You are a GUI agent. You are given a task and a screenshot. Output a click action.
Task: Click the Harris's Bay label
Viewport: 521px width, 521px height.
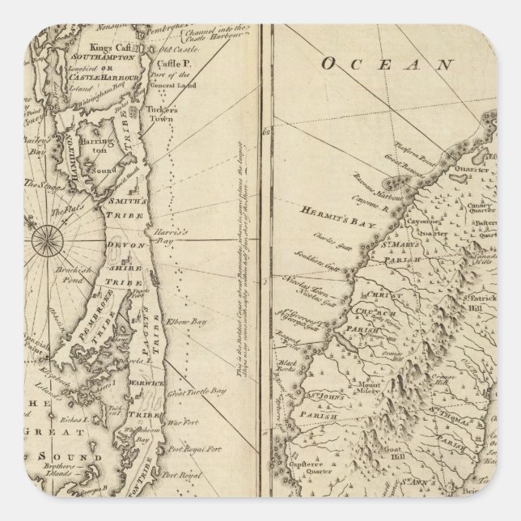(161, 236)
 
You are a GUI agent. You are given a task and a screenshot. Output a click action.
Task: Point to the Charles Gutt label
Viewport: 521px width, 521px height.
(329, 240)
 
